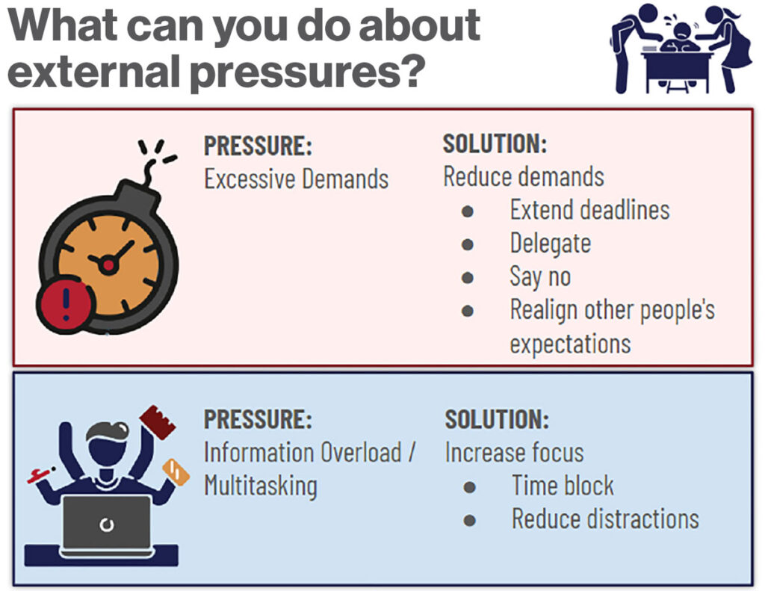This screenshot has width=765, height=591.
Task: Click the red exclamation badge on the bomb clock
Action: (66, 305)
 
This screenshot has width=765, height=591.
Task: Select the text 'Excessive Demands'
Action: (296, 179)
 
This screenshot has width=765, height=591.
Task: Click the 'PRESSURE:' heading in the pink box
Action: (258, 146)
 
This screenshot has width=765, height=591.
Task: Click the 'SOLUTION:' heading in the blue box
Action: (497, 419)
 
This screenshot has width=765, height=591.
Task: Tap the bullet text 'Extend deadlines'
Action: (589, 210)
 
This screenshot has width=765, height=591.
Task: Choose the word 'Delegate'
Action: (551, 244)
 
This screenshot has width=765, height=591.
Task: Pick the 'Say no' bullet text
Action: (540, 276)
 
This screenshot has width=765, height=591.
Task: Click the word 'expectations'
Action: (570, 344)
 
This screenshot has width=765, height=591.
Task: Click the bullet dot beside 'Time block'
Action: (470, 486)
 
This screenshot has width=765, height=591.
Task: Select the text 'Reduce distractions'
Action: (605, 519)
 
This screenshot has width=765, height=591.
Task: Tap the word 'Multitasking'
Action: (261, 486)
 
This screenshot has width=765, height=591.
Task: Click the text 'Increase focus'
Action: (514, 452)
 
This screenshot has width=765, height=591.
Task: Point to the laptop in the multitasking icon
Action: (107, 525)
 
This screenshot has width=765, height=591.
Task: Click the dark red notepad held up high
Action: (157, 422)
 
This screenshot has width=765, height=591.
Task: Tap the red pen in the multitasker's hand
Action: (41, 474)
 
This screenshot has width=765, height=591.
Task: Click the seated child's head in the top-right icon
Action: (681, 30)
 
